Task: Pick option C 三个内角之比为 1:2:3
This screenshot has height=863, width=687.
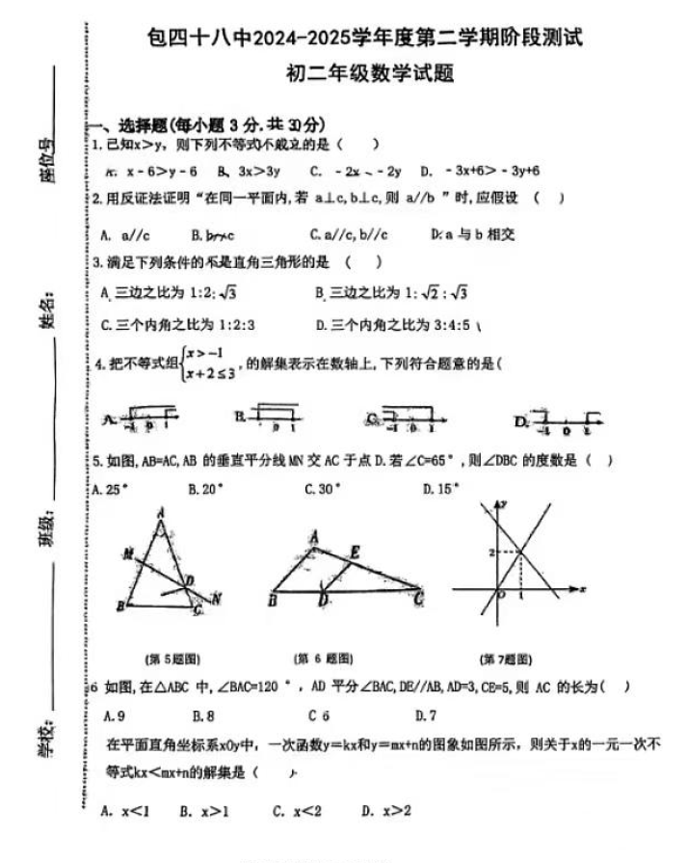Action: (184, 325)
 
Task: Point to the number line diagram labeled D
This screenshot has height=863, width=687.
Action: (558, 419)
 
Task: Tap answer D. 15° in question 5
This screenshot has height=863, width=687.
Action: (442, 489)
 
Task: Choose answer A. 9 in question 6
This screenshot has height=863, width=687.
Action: (114, 715)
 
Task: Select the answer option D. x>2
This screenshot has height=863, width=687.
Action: (386, 811)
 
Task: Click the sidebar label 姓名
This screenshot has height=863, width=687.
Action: (45, 315)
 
